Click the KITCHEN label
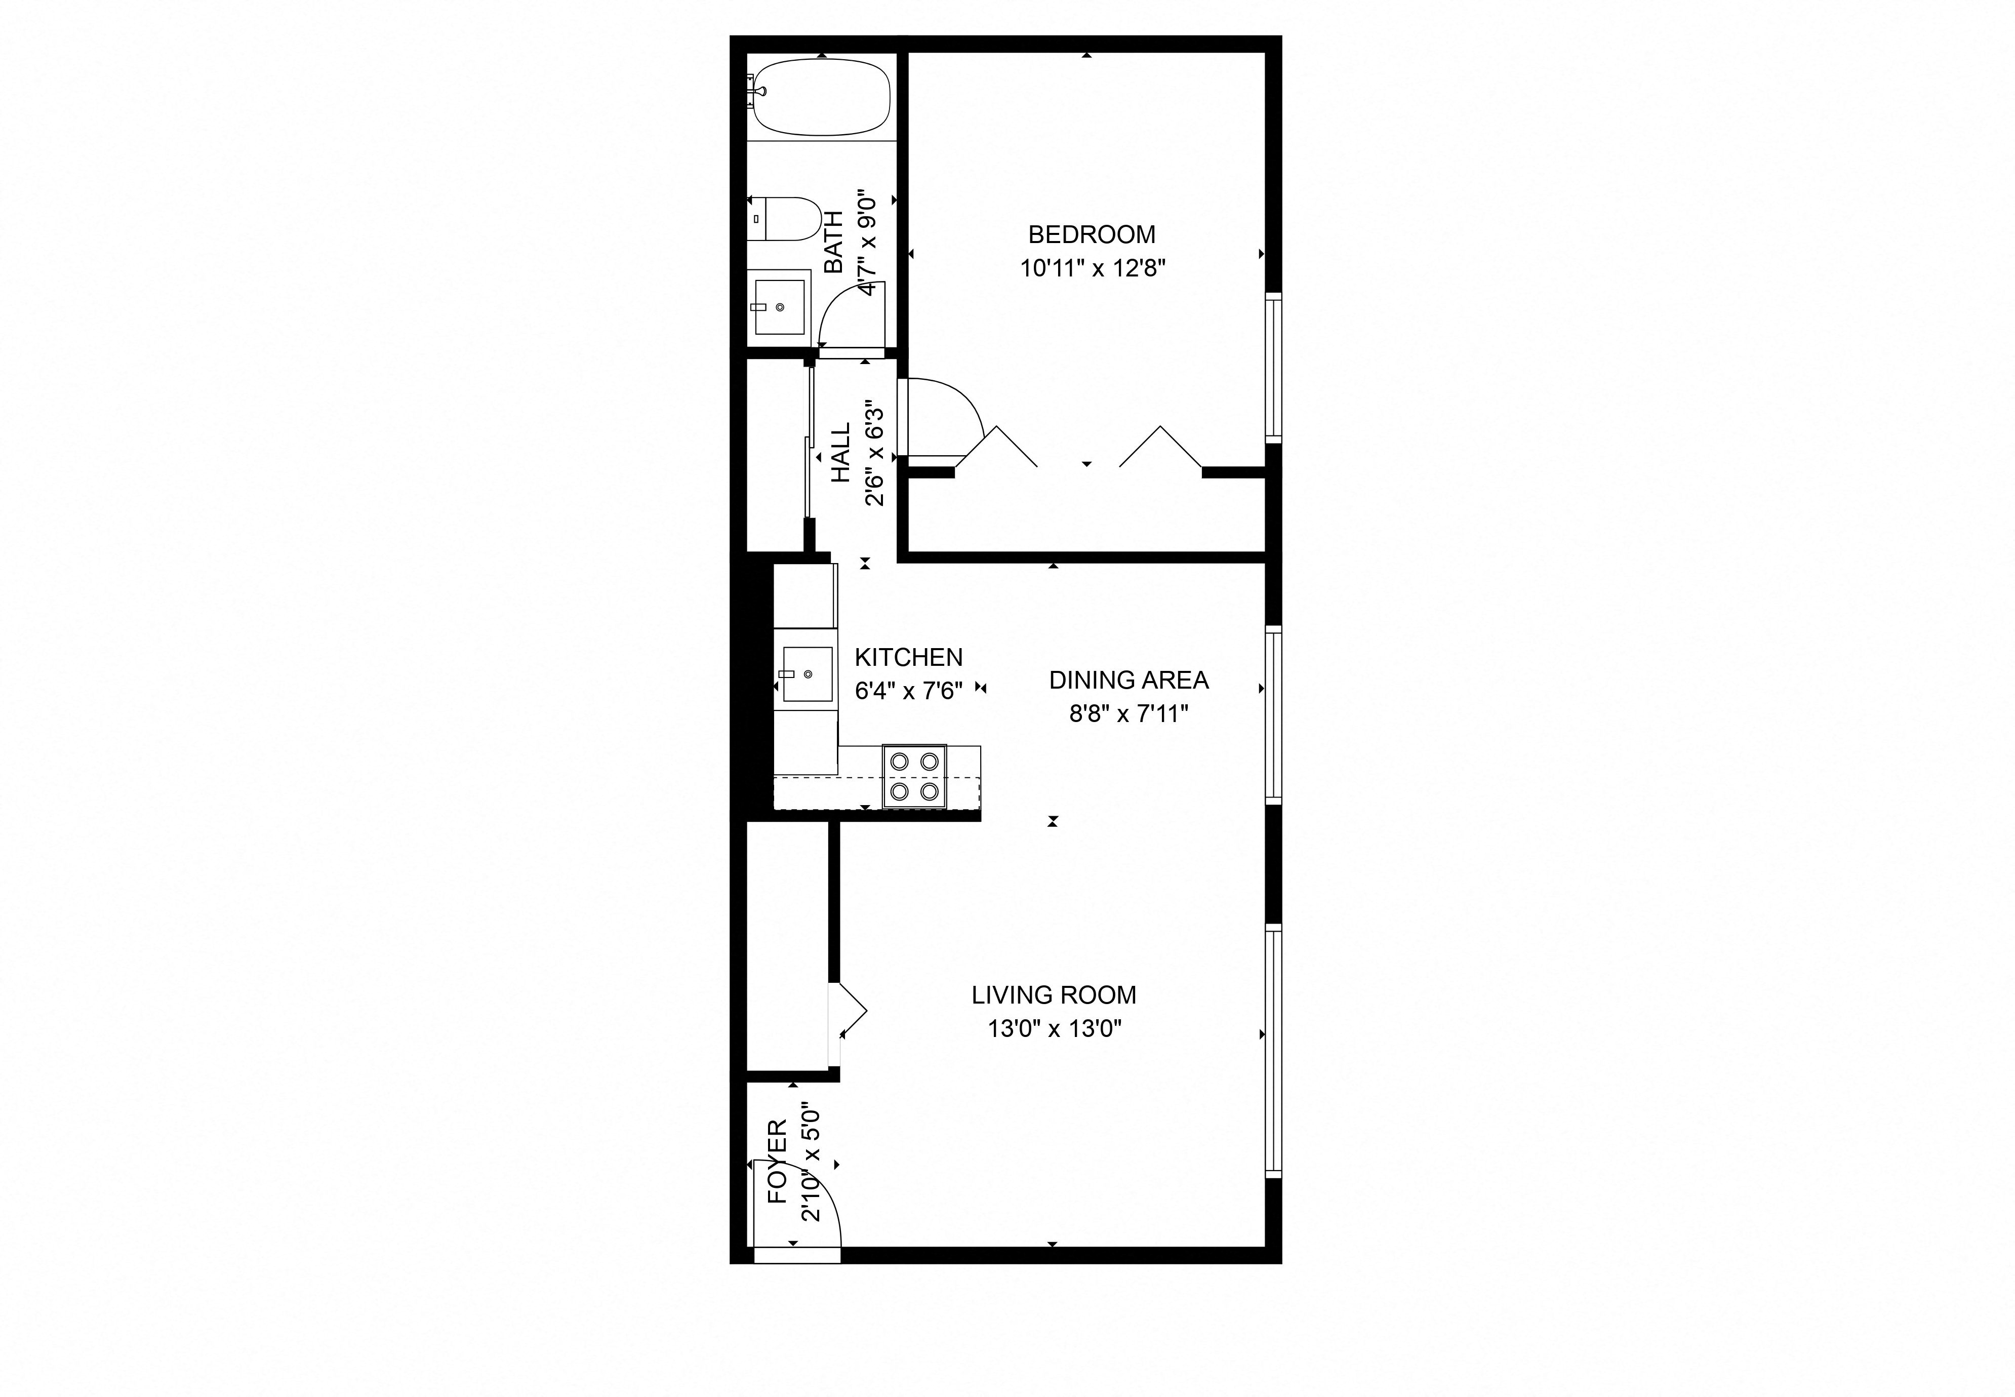908,657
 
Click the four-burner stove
914,776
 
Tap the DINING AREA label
1129,680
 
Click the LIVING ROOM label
1054,995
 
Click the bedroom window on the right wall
1273,368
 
